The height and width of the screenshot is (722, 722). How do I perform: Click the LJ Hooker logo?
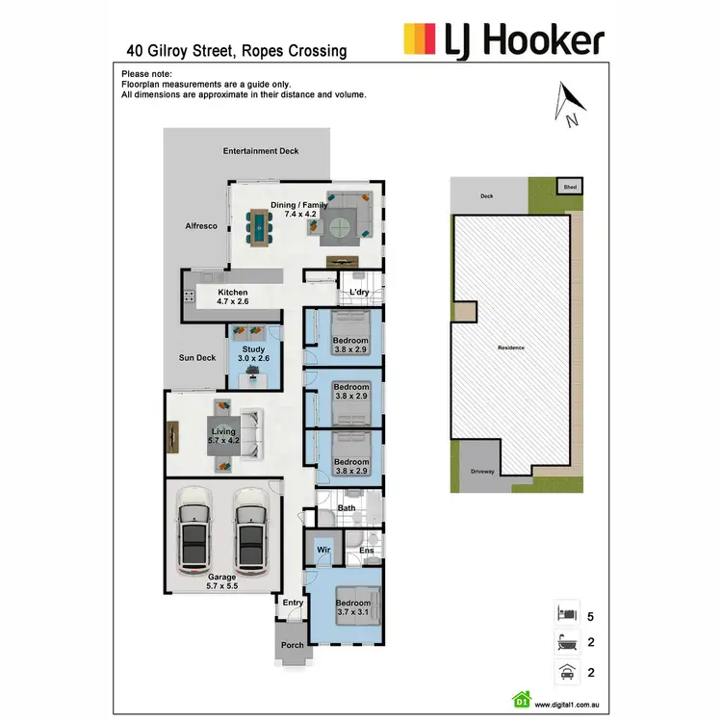pos(503,40)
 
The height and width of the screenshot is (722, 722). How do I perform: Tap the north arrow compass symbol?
pos(570,104)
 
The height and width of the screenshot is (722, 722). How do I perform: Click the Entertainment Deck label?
pos(261,151)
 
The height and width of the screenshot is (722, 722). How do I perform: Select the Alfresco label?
pos(201,225)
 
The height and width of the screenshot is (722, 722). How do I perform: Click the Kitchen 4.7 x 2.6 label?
pos(232,297)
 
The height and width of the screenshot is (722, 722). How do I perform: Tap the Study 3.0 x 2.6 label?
pos(253,354)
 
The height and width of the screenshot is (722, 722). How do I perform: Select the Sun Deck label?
pos(197,358)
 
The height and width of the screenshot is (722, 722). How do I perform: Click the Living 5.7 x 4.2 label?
pos(222,436)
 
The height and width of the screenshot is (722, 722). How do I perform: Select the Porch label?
pos(292,645)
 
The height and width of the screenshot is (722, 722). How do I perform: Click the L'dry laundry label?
pos(359,292)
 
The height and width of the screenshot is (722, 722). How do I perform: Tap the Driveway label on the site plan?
pos(482,472)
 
